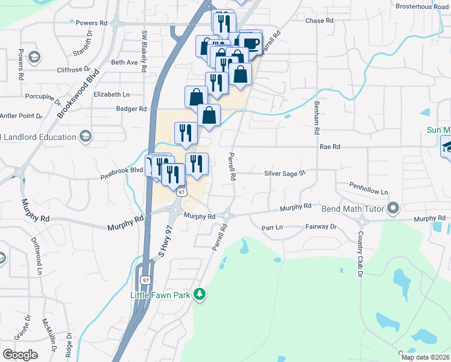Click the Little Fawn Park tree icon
click(x=200, y=294)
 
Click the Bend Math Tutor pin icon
click(x=394, y=208)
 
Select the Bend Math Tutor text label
click(x=359, y=208)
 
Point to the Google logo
click(x=20, y=355)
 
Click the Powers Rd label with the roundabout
click(x=92, y=23)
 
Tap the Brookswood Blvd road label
click(x=78, y=95)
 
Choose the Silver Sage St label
click(x=285, y=173)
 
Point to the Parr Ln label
click(x=272, y=227)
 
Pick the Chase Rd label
click(x=320, y=21)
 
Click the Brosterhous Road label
click(x=423, y=7)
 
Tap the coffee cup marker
click(x=251, y=42)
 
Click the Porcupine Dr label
click(x=43, y=96)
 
